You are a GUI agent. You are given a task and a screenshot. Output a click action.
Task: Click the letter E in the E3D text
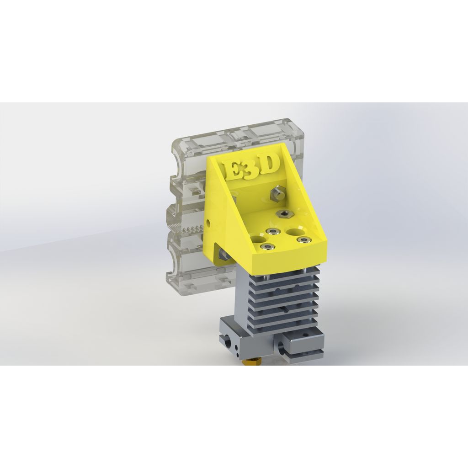(234, 170)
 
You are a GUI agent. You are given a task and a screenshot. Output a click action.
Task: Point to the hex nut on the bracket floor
(284, 214)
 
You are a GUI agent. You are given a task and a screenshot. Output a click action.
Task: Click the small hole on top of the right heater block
(305, 334)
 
